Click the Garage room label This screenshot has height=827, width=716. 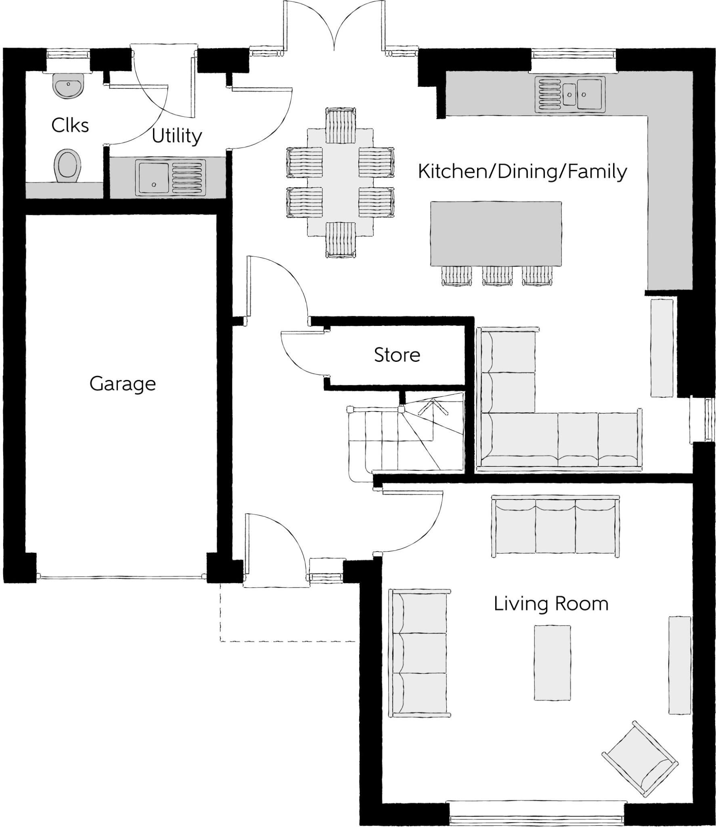122,384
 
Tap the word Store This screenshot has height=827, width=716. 397,355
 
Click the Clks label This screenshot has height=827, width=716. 70,126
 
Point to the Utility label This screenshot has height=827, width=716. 177,136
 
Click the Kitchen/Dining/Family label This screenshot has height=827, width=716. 522,171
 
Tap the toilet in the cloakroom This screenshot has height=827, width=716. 67,166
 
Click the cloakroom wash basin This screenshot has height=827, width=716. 68,86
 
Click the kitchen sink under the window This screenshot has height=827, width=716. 570,94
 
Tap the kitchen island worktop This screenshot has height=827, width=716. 496,233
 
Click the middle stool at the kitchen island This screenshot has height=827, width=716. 497,276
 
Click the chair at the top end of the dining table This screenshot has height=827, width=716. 340,125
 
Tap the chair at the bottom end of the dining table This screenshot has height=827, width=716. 341,240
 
